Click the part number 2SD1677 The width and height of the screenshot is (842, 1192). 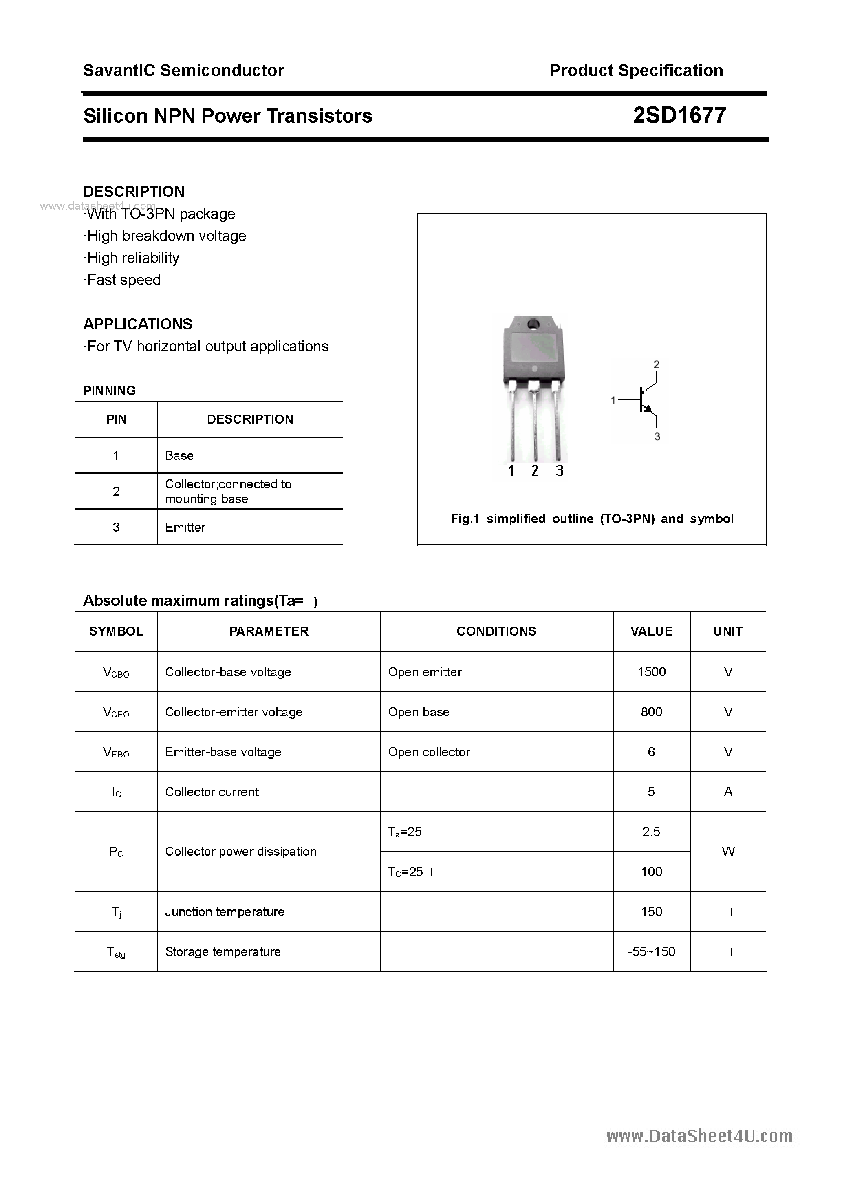pos(679,115)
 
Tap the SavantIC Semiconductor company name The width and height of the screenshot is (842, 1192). pos(183,71)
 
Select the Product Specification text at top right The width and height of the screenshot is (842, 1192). pos(636,71)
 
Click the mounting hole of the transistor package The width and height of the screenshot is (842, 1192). pos(533,325)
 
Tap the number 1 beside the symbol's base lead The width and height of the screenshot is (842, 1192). pos(613,400)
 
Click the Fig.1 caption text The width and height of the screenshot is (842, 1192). pos(592,519)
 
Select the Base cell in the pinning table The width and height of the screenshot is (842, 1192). pos(179,455)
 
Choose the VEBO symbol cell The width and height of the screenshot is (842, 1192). pos(116,752)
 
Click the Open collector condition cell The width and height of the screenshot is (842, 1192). pos(429,752)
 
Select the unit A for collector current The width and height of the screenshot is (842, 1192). pos(728,792)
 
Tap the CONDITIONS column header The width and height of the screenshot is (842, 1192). pos(496,631)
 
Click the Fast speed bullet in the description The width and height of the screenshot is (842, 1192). pos(123,280)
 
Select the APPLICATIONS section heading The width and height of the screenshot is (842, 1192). pos(138,324)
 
